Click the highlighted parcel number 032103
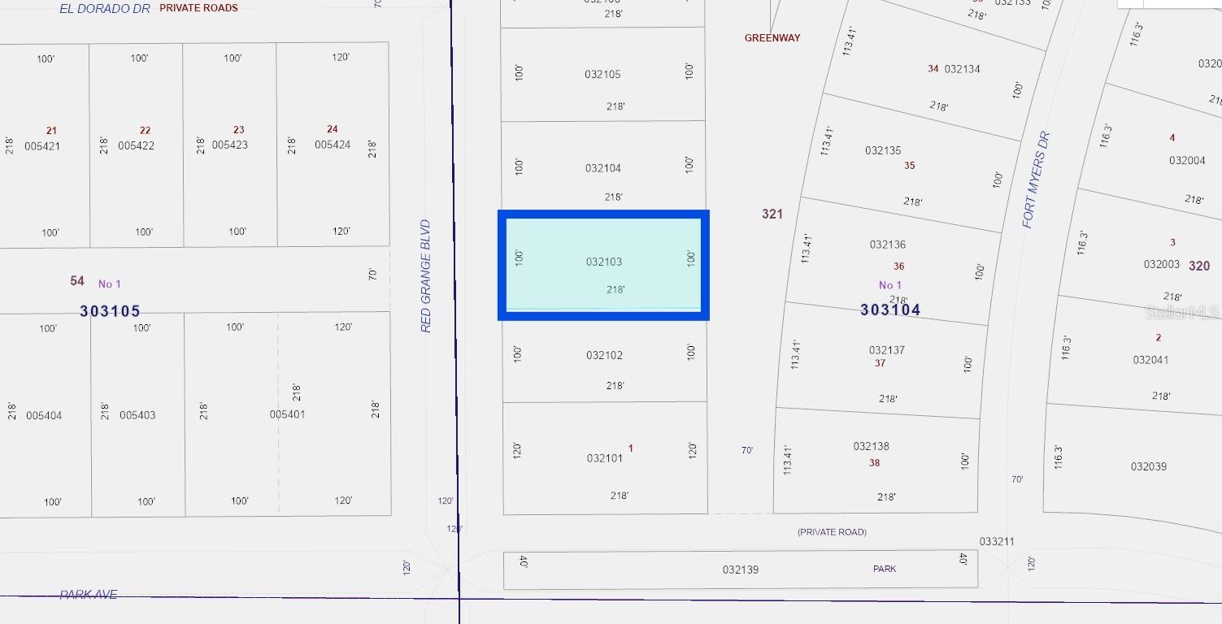point(604,262)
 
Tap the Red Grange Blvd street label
point(426,275)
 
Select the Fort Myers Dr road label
point(1037,180)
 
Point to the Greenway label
point(772,38)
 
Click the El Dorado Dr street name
point(105,8)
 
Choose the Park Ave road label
point(89,595)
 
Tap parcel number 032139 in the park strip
point(740,570)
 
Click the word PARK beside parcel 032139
point(885,569)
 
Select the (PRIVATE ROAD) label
point(832,532)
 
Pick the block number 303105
point(111,311)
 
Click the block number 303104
point(890,310)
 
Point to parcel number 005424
point(333,145)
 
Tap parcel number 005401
point(287,414)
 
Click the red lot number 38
point(874,463)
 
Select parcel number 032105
point(602,74)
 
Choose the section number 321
point(772,214)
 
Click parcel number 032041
point(1150,360)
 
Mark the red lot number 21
point(52,131)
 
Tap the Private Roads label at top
point(198,8)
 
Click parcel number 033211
point(997,541)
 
